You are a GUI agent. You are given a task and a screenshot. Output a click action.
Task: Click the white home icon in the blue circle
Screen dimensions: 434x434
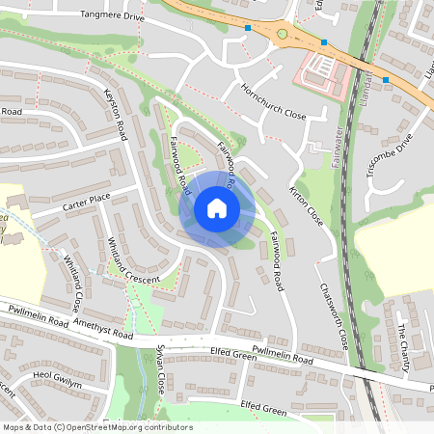pyautogui.click(x=217, y=207)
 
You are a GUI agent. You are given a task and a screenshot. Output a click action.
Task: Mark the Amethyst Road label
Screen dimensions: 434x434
pyautogui.click(x=100, y=331)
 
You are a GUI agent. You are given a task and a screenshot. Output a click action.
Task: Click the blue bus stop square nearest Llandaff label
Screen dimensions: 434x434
pyautogui.click(x=386, y=79)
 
